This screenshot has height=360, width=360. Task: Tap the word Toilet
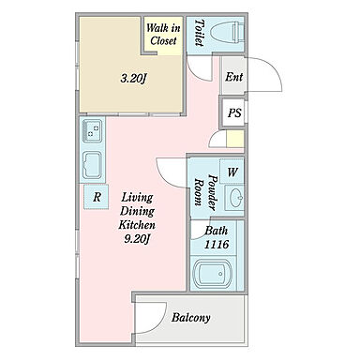pyautogui.click(x=200, y=33)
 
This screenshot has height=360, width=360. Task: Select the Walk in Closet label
pyautogui.click(x=163, y=35)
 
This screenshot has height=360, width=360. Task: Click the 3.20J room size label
pyautogui.click(x=134, y=78)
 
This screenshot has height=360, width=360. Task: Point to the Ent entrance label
pyautogui.click(x=234, y=77)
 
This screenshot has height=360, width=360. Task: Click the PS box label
pyautogui.click(x=234, y=112)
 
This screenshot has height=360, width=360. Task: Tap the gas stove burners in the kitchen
pyautogui.click(x=92, y=130)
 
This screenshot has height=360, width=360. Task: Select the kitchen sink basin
pyautogui.click(x=92, y=165)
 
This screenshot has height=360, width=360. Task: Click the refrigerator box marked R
pyautogui.click(x=97, y=197)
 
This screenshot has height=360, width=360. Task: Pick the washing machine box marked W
pyautogui.click(x=232, y=172)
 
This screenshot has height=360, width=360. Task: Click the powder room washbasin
pyautogui.click(x=235, y=198)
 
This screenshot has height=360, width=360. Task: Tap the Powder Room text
pyautogui.click(x=205, y=192)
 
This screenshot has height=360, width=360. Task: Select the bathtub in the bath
pyautogui.click(x=213, y=273)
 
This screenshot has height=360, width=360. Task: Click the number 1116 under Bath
pyautogui.click(x=217, y=245)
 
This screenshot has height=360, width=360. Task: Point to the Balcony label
pyautogui.click(x=190, y=318)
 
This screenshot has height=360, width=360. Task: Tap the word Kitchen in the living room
pyautogui.click(x=137, y=225)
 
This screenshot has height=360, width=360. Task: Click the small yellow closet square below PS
pyautogui.click(x=235, y=139)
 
